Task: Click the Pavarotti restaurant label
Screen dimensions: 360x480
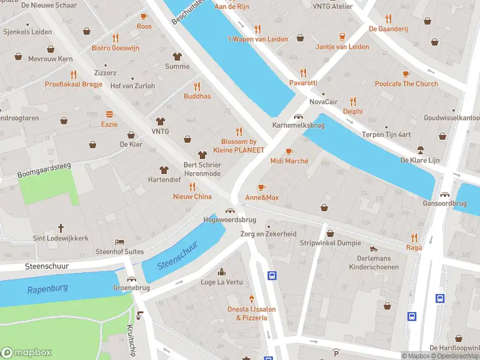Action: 303,82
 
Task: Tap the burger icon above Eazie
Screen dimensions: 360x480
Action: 109,113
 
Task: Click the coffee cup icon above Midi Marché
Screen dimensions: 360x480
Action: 289,151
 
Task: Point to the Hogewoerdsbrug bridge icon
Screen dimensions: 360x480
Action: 229,210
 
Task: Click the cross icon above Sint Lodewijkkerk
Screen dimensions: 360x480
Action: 60,228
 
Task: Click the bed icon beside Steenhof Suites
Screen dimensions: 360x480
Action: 119,242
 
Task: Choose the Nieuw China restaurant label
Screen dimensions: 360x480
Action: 192,197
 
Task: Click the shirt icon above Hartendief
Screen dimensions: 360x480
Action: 163,169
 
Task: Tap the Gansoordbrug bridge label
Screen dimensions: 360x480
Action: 445,204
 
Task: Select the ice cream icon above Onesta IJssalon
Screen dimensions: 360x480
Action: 252,298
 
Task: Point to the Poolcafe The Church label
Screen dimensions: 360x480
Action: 406,84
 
